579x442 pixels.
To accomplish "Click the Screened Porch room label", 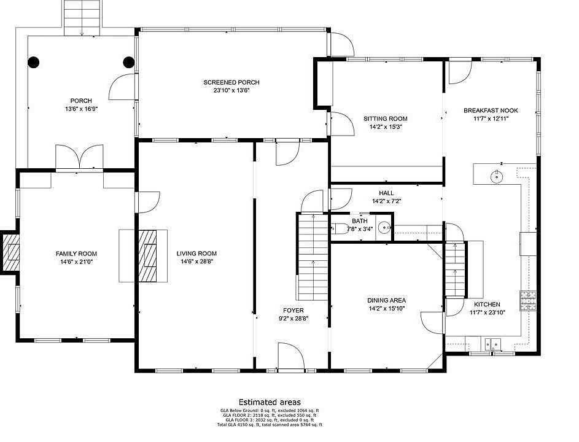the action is (231, 82).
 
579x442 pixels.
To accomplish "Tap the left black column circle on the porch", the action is (33, 62).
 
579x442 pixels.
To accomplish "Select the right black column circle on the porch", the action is (128, 62).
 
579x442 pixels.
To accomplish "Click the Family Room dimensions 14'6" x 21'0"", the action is (76, 262).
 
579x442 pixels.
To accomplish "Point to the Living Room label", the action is (196, 254).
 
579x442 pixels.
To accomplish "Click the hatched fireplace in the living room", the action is (148, 255).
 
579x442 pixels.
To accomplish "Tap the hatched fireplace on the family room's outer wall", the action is (10, 252).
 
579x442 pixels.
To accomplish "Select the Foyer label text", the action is (293, 311).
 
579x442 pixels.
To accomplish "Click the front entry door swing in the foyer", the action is (290, 355).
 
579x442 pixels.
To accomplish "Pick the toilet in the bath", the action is (340, 228).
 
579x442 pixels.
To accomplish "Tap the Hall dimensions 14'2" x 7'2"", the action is (387, 201).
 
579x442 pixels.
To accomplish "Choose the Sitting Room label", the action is (386, 119).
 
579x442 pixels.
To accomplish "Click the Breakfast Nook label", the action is (491, 110).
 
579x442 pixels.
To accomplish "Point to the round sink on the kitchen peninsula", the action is (496, 177).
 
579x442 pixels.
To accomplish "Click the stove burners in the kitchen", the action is (528, 300).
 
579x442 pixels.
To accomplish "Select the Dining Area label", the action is (387, 301).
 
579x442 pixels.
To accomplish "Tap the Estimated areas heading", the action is (270, 402).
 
